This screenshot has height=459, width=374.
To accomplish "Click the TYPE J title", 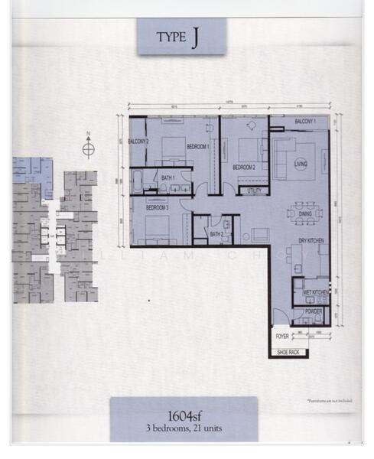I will pyautogui.click(x=181, y=37).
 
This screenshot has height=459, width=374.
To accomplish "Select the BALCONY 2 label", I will pyautogui.click(x=138, y=142).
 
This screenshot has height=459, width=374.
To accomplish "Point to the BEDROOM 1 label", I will pyautogui.click(x=197, y=146).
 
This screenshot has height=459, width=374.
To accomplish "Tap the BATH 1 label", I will pyautogui.click(x=168, y=178).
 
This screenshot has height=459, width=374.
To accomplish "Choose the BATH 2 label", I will pyautogui.click(x=216, y=234).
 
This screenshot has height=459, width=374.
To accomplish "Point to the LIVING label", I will pyautogui.click(x=301, y=164).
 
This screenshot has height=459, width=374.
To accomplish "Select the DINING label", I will pyautogui.click(x=305, y=215).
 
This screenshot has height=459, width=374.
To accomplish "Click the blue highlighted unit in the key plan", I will pyautogui.click(x=34, y=168).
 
